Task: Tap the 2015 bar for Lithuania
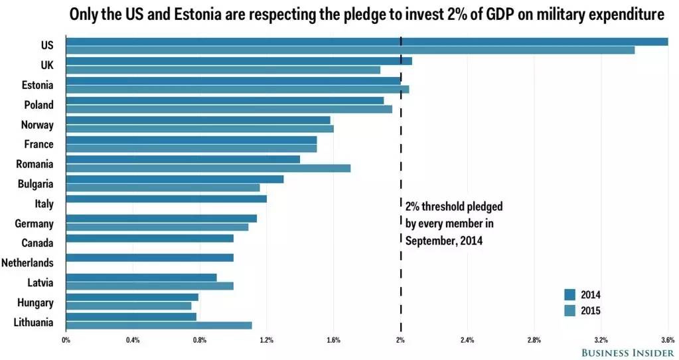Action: pyautogui.click(x=159, y=325)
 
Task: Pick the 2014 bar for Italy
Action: pyautogui.click(x=166, y=199)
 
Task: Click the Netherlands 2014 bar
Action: pyautogui.click(x=149, y=258)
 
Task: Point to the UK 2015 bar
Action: pyautogui.click(x=223, y=70)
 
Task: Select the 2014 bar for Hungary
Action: pyautogui.click(x=132, y=297)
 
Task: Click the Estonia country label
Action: pyautogui.click(x=38, y=85)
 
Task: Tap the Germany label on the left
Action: pyautogui.click(x=35, y=224)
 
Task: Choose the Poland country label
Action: pyautogui.click(x=38, y=105)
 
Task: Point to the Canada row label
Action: pyautogui.click(x=37, y=243)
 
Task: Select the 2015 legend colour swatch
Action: pyautogui.click(x=569, y=310)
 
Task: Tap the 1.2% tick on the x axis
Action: pyautogui.click(x=266, y=341)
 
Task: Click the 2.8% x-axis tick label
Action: pyautogui.click(x=534, y=341)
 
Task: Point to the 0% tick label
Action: pyautogui.click(x=66, y=341)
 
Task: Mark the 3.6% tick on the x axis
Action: pyautogui.click(x=667, y=341)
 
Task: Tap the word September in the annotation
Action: pyautogui.click(x=429, y=240)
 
